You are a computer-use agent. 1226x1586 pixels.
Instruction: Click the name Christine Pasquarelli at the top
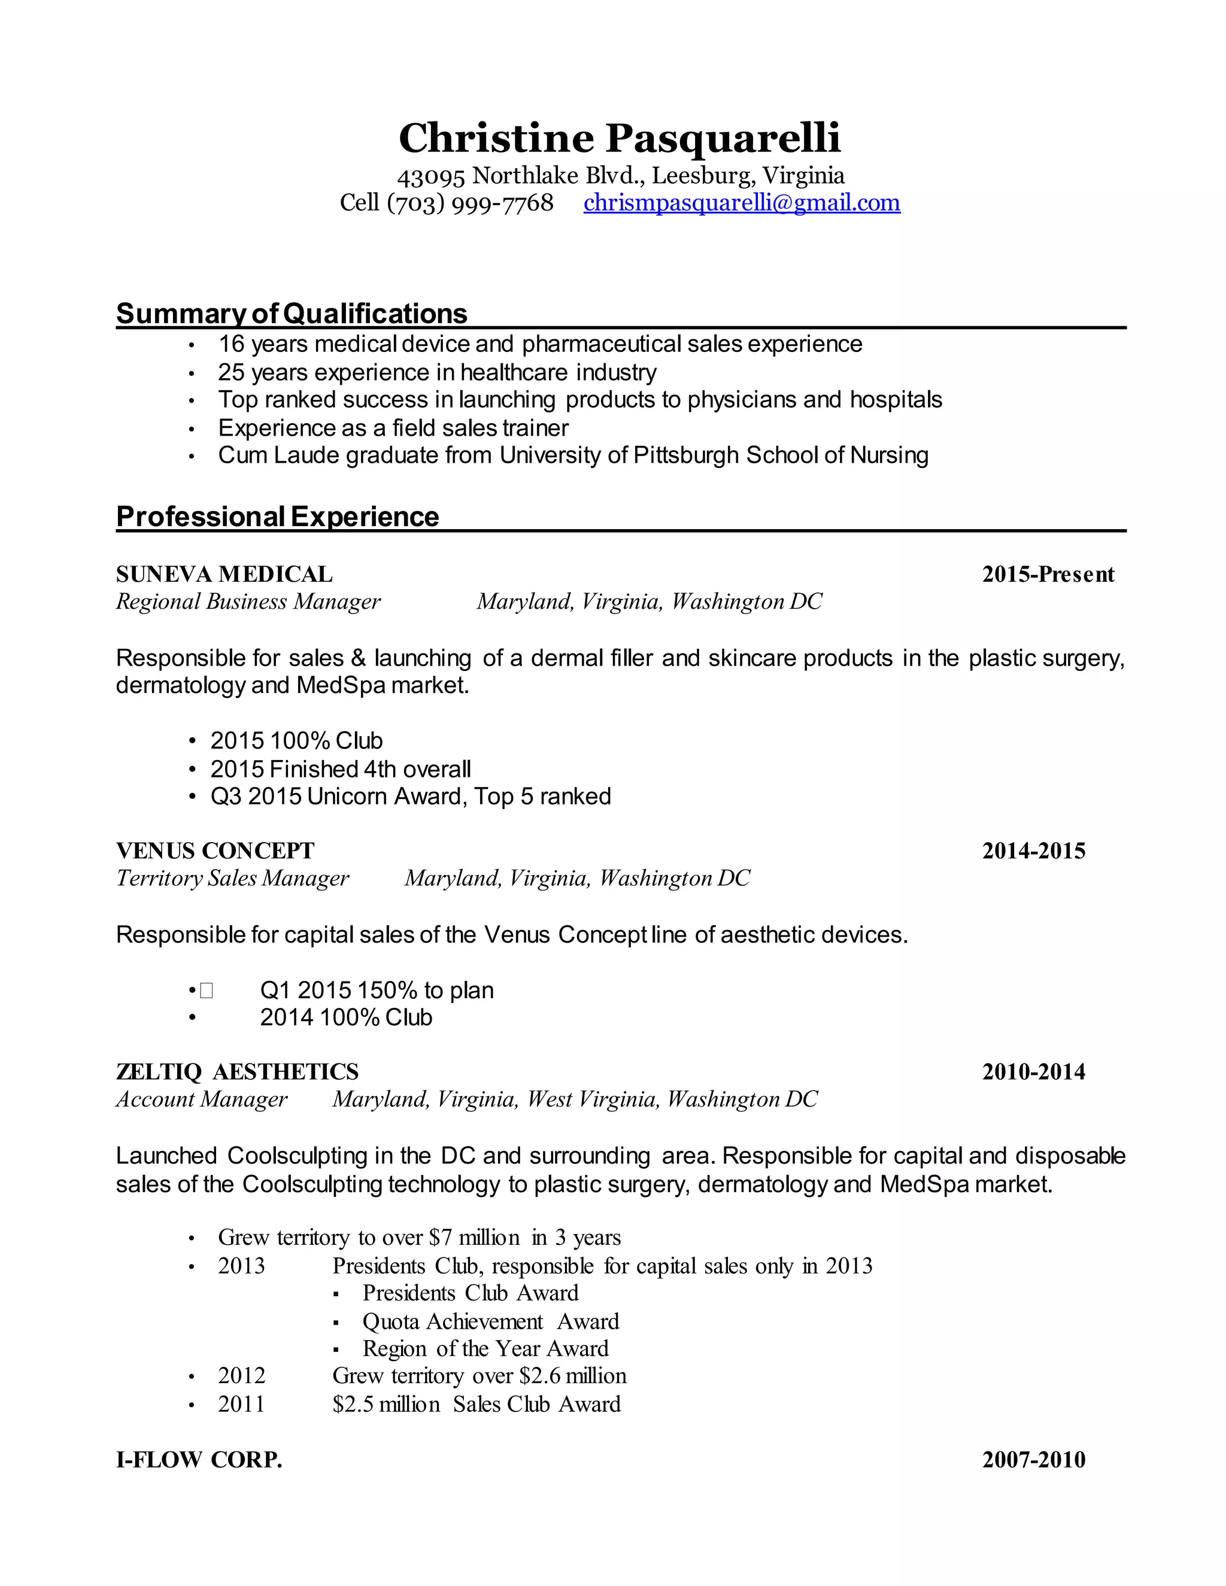pyautogui.click(x=620, y=138)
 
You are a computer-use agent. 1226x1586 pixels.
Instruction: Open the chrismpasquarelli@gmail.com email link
pyautogui.click(x=742, y=203)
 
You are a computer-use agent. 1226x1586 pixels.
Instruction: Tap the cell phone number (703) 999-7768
pyautogui.click(x=470, y=203)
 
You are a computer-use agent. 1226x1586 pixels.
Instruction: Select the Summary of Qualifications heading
pyautogui.click(x=292, y=314)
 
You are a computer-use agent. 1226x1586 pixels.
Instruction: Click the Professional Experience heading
pyautogui.click(x=277, y=516)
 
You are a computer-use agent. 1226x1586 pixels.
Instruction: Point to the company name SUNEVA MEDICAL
pyautogui.click(x=224, y=575)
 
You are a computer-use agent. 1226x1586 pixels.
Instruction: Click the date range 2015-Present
pyautogui.click(x=1048, y=575)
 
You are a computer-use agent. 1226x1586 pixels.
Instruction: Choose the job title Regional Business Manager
pyautogui.click(x=248, y=602)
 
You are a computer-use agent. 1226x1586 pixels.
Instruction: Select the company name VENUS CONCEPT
pyautogui.click(x=215, y=850)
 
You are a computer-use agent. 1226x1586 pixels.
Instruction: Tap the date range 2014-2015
pyautogui.click(x=1033, y=850)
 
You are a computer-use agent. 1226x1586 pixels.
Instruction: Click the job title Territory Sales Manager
pyautogui.click(x=232, y=879)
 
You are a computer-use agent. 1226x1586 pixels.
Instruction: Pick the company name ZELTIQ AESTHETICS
pyautogui.click(x=238, y=1072)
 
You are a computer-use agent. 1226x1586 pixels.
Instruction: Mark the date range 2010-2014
pyautogui.click(x=1033, y=1072)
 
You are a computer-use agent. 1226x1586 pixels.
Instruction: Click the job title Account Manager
pyautogui.click(x=202, y=1099)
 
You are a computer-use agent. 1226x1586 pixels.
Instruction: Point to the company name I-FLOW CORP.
pyautogui.click(x=199, y=1460)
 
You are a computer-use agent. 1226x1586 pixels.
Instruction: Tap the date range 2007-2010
pyautogui.click(x=1033, y=1460)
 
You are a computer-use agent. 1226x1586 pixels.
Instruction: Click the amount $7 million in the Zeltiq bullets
pyautogui.click(x=474, y=1238)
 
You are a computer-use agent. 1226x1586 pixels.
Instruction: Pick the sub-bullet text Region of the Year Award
pyautogui.click(x=485, y=1348)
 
